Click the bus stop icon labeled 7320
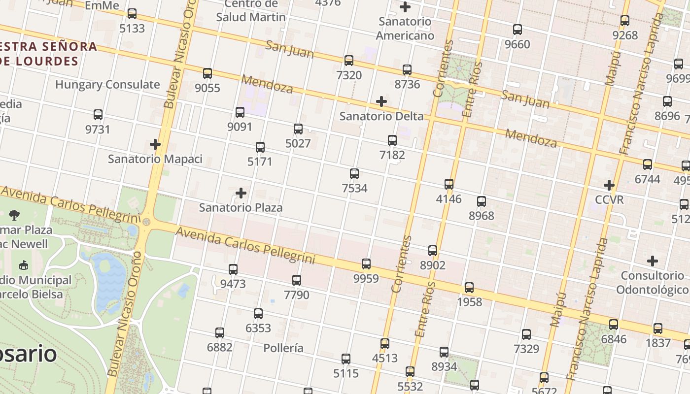349,61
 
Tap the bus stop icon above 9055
207,73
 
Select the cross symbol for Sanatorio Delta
381,101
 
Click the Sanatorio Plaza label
241,207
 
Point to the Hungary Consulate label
107,84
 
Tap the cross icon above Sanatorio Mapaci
155,144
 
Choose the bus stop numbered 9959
366,264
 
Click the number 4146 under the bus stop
448,198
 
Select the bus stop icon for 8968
482,201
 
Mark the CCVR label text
609,199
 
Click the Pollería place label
283,348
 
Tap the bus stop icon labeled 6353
258,314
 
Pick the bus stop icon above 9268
625,21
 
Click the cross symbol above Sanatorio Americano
405,7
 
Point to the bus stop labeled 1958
469,288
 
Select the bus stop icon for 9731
98,115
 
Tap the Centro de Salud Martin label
251,11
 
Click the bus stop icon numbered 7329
526,334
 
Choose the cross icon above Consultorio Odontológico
653,261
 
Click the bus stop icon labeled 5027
298,129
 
